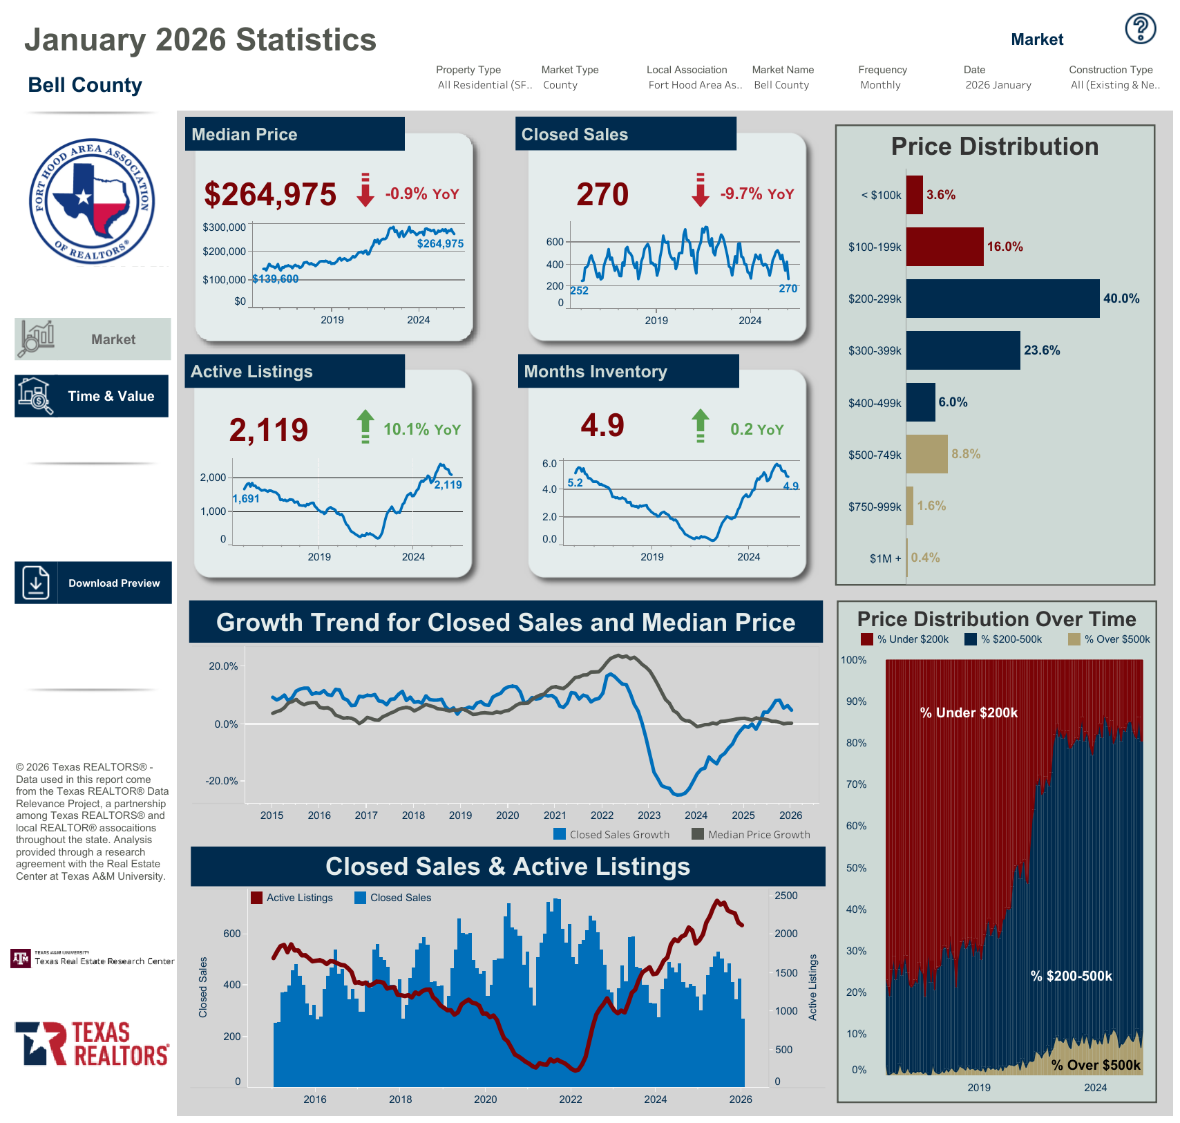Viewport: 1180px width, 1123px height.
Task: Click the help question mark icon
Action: point(1140,29)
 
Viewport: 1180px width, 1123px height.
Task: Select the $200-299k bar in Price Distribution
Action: point(1002,299)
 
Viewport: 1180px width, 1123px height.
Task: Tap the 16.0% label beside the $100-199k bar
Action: point(1005,247)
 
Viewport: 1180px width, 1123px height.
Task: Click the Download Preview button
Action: point(93,583)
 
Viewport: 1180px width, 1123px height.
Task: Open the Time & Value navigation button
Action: point(92,396)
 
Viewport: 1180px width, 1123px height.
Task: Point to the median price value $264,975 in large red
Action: point(270,194)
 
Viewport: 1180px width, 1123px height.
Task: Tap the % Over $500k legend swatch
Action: point(1074,639)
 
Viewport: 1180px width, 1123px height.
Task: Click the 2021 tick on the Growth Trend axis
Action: point(555,815)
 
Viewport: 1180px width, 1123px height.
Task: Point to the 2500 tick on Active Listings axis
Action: point(786,896)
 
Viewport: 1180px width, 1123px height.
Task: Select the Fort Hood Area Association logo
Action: point(92,201)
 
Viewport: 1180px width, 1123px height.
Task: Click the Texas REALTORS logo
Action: point(92,1044)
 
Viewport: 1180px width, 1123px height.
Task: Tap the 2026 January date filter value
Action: point(998,85)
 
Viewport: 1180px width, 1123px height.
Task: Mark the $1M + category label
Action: point(885,558)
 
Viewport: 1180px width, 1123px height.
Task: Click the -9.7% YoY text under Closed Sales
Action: point(756,194)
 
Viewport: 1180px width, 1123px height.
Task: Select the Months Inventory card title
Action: point(595,372)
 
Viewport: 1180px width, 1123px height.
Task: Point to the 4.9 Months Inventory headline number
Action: point(602,426)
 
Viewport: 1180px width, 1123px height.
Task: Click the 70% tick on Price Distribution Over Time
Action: point(856,784)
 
